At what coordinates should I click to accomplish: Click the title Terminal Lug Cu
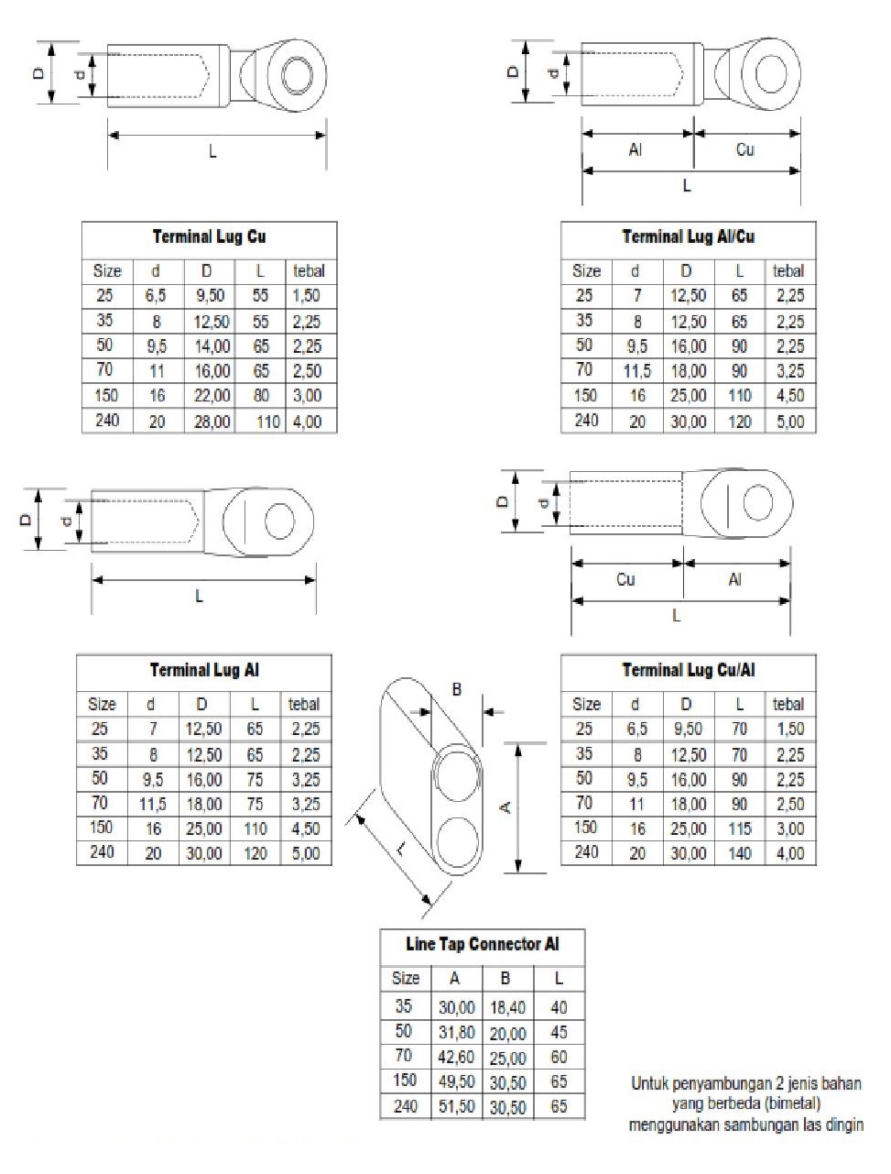[x=210, y=237]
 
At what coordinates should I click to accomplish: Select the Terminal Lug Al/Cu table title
[x=688, y=237]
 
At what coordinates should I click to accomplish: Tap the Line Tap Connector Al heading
[x=482, y=944]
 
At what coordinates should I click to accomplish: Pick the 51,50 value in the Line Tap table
[x=456, y=1107]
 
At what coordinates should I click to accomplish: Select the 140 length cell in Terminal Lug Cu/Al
[x=739, y=853]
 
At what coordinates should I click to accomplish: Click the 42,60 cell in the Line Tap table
[x=456, y=1058]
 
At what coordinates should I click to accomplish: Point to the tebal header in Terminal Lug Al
[x=304, y=704]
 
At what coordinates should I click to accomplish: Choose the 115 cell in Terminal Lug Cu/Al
[x=739, y=828]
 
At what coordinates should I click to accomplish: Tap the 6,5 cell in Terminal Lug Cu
[x=156, y=296]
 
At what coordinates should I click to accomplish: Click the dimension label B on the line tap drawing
[x=457, y=689]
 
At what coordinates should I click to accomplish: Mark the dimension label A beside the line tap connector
[x=504, y=807]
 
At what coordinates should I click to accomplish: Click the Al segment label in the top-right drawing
[x=636, y=149]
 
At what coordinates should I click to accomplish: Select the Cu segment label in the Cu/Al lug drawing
[x=625, y=579]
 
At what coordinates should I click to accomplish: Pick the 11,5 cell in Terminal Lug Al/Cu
[x=636, y=371]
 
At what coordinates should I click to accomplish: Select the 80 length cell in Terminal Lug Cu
[x=261, y=396]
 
